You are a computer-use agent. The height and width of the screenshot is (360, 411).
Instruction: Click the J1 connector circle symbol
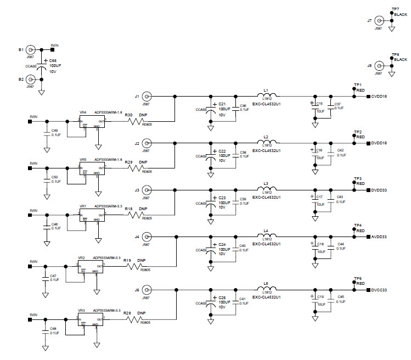147,96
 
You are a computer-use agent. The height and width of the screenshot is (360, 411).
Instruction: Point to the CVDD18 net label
380,97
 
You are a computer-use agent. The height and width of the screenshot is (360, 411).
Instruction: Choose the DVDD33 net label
380,190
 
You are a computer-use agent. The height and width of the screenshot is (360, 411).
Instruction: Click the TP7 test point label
396,9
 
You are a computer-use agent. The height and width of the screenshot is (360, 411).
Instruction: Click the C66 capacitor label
53,60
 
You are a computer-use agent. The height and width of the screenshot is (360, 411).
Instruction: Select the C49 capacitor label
54,131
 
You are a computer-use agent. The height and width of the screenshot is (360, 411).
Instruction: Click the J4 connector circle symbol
147,237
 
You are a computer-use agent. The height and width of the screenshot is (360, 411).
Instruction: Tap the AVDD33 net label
380,237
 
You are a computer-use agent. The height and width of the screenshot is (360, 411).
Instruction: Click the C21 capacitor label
222,104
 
